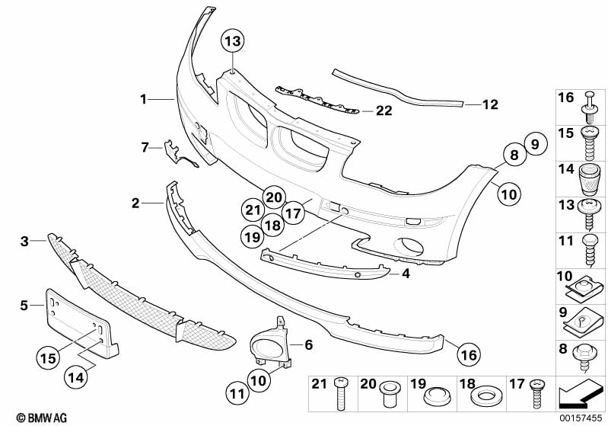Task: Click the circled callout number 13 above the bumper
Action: coord(233,41)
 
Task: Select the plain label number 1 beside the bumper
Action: coord(144,99)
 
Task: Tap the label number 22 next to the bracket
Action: coord(384,111)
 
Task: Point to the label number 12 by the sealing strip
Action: coord(490,104)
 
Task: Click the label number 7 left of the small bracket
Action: coord(145,148)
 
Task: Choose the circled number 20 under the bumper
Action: coord(274,197)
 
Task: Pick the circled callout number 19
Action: coord(253,236)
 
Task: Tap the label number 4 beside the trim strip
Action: coord(406,274)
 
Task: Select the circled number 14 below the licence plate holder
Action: coord(76,376)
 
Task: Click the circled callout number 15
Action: coord(48,357)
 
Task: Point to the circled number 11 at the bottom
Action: coord(237,394)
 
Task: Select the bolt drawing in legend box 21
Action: coord(339,394)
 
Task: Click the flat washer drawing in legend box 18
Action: coord(484,396)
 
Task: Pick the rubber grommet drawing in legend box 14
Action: coord(589,180)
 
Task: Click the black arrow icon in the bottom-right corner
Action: coord(579,394)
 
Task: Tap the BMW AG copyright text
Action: coord(42,418)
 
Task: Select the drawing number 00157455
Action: coord(581,418)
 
